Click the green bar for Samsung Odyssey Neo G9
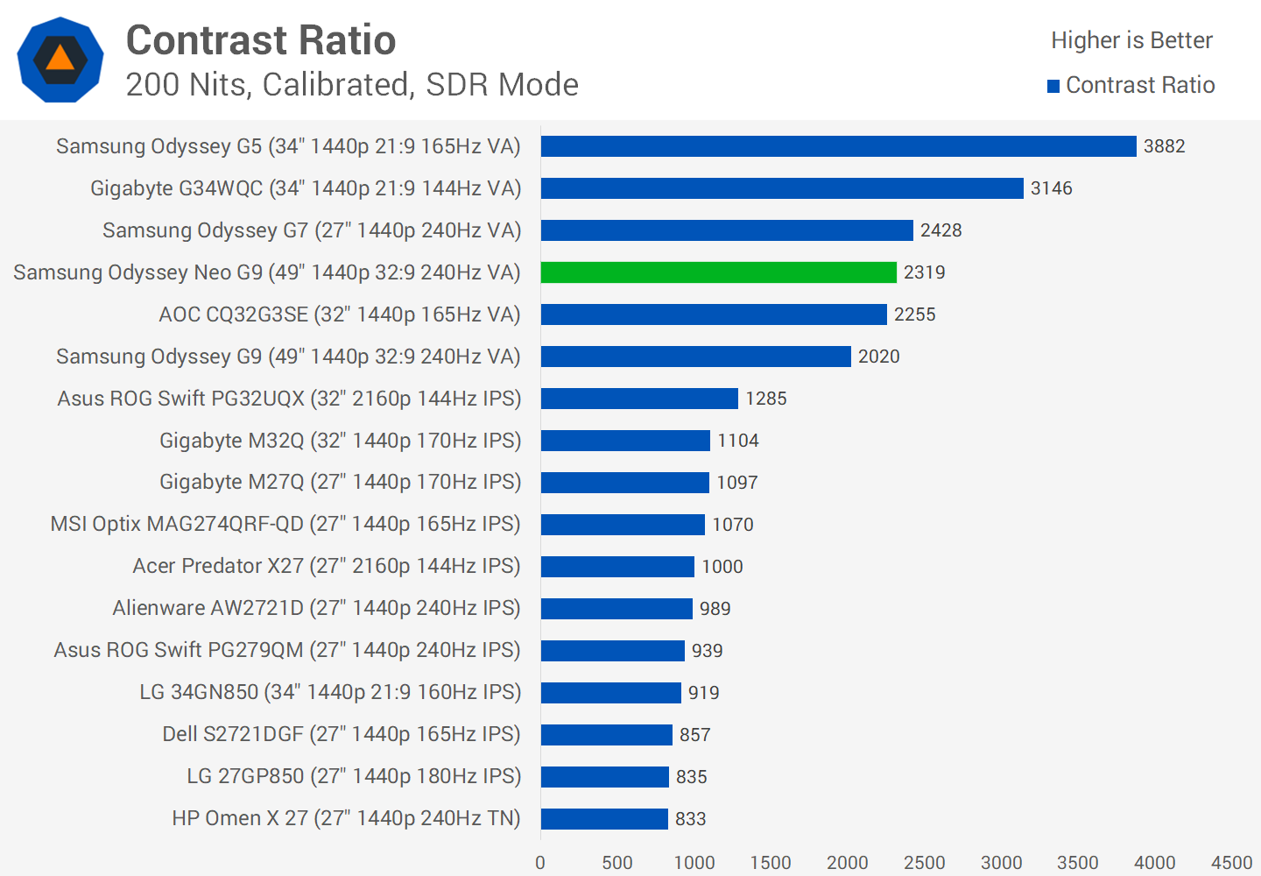click(x=718, y=272)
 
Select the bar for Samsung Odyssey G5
click(x=838, y=146)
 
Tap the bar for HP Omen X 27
click(x=604, y=819)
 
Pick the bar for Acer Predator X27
click(x=617, y=567)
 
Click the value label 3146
click(x=1051, y=188)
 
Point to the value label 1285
click(x=765, y=399)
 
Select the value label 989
click(x=715, y=609)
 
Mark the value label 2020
click(x=878, y=357)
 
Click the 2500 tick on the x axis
click(x=924, y=863)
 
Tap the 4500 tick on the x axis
click(x=1231, y=863)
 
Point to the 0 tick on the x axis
click(x=540, y=863)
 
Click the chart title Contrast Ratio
click(x=261, y=40)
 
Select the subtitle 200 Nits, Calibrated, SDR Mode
click(x=352, y=85)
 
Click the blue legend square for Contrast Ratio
click(x=1053, y=86)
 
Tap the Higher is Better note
click(x=1131, y=40)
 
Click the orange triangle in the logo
click(x=60, y=59)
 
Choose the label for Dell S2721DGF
click(x=342, y=734)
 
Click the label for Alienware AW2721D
click(x=316, y=608)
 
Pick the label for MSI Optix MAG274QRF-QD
click(x=285, y=524)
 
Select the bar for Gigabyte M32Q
click(x=625, y=441)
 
